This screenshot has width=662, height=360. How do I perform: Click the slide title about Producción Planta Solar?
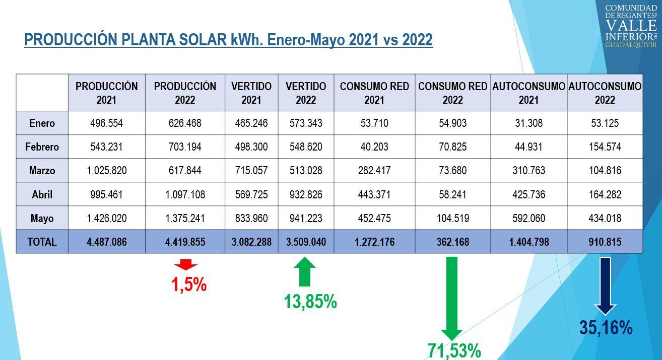[x=228, y=40]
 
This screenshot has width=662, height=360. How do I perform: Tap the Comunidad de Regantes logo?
[x=631, y=26]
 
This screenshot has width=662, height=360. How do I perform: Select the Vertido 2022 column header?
[x=306, y=93]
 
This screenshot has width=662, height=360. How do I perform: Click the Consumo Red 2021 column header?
[x=374, y=93]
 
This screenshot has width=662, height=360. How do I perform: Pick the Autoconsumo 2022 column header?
[x=605, y=93]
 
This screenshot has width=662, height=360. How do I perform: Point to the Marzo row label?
[x=42, y=170]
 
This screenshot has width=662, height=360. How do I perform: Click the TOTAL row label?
[x=42, y=242]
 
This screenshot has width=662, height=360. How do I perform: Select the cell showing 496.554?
[x=107, y=123]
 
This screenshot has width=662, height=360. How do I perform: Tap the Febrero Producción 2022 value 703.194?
[x=185, y=147]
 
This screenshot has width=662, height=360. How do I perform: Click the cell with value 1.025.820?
[x=107, y=170]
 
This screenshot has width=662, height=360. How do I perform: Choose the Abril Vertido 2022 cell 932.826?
[x=306, y=194]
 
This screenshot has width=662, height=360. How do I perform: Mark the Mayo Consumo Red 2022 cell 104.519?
[x=453, y=218]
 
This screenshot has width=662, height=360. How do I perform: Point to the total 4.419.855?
[x=185, y=242]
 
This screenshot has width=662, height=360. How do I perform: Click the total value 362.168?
[x=453, y=242]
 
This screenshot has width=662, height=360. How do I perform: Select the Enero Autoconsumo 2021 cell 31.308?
[x=529, y=123]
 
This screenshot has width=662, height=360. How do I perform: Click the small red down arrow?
[x=185, y=265]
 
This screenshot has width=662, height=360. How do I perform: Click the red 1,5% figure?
[x=189, y=284]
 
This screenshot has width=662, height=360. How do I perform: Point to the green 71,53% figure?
[x=454, y=351]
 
